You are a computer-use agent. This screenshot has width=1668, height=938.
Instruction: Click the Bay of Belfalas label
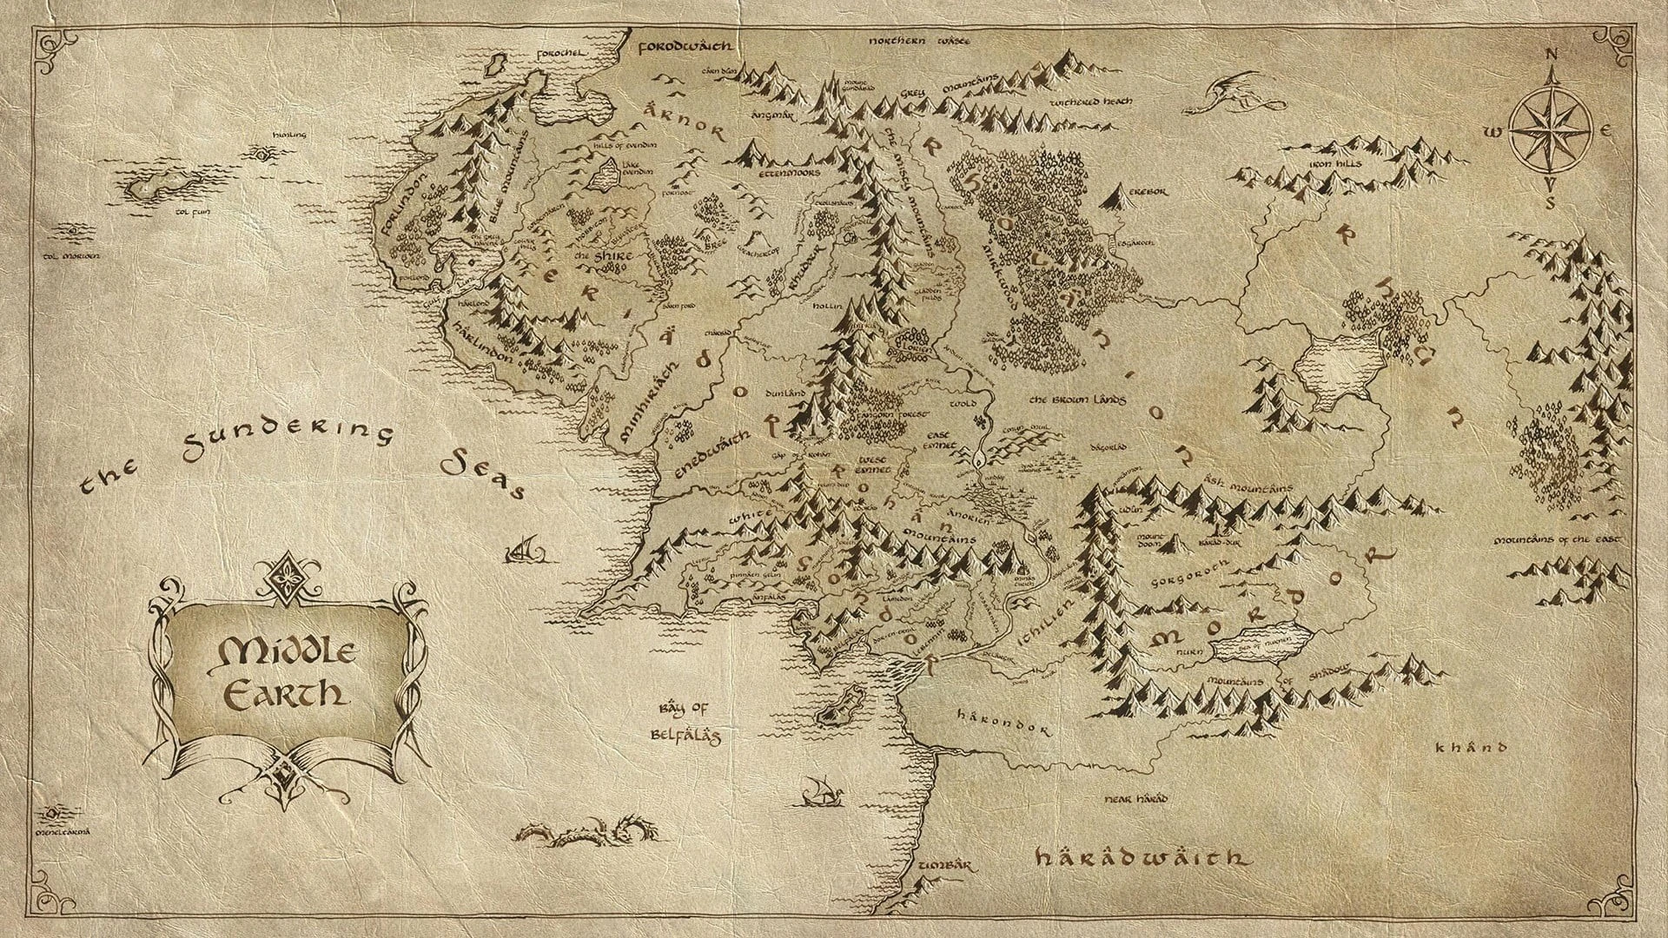coord(685,720)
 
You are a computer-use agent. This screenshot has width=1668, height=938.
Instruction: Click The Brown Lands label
coord(1077,400)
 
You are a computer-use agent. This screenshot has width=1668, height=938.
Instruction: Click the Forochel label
coord(561,52)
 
